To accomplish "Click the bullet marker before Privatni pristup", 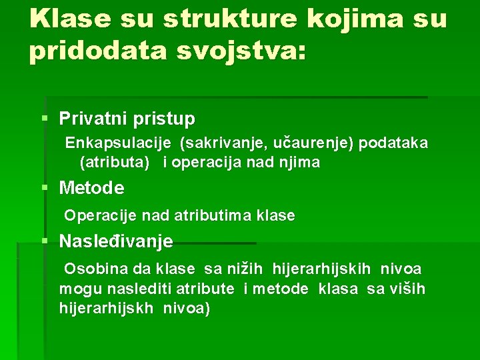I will [45, 119].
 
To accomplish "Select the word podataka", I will [393, 143].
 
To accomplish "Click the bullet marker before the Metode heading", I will [45, 188].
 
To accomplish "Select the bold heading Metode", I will [91, 189].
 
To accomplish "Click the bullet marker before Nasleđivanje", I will [45, 241].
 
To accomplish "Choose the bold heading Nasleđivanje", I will [116, 241].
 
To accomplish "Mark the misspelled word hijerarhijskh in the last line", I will [107, 308].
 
